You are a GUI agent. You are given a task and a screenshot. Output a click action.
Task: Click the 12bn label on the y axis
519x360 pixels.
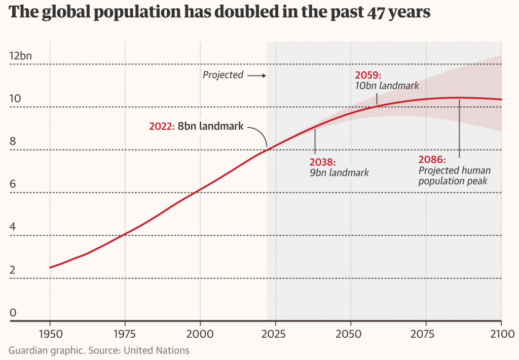pos(20,56)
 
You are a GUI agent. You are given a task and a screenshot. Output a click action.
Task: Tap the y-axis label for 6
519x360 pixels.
pos(13,185)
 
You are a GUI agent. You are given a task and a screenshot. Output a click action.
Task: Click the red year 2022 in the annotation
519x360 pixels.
pos(161,126)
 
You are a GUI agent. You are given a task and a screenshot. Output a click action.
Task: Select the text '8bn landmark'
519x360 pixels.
pos(210,126)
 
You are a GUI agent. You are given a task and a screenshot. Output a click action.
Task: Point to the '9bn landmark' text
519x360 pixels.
pos(339,173)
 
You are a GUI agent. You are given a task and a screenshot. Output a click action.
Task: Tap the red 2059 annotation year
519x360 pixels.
pos(368,76)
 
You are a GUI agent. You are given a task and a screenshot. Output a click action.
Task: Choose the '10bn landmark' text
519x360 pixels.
pos(388,87)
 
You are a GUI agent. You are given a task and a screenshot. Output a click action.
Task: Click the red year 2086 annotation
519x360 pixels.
pos(431,160)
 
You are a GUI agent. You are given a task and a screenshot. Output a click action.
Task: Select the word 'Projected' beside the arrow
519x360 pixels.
pos(223,75)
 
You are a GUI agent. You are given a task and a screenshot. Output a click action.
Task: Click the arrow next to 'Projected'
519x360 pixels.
pos(257,76)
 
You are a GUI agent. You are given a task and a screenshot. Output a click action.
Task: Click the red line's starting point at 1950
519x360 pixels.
pos(50,267)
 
